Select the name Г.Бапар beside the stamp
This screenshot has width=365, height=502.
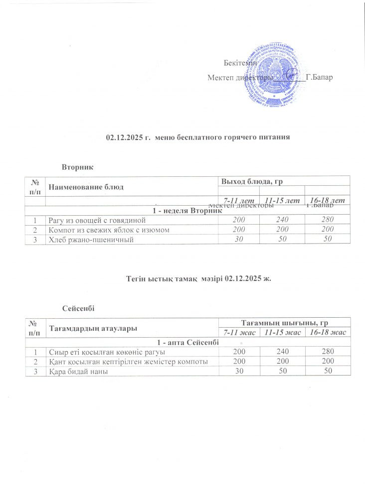tap(319, 77)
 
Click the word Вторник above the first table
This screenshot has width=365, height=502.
tap(78, 165)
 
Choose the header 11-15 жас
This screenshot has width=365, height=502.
tap(284, 332)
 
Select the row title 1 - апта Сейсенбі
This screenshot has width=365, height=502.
tap(187, 343)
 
